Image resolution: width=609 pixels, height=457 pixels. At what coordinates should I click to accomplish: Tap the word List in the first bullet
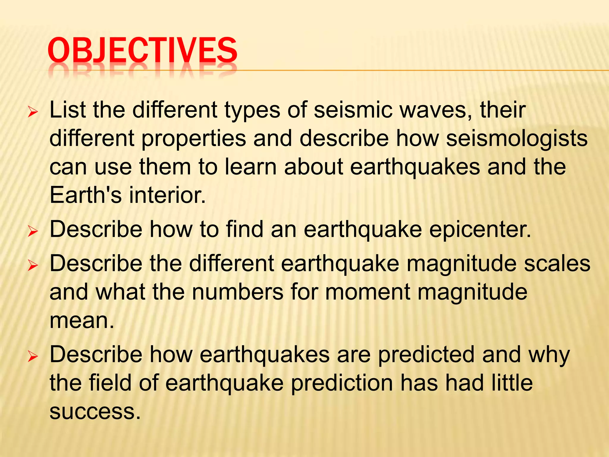(x=68, y=110)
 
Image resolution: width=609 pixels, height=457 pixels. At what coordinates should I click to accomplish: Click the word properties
(x=194, y=139)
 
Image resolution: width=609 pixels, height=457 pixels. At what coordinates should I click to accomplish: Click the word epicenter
(x=480, y=229)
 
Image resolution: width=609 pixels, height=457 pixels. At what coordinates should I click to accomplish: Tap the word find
(x=245, y=229)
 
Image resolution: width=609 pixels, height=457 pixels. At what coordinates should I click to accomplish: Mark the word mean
(x=82, y=320)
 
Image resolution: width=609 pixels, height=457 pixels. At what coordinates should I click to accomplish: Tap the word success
(x=95, y=411)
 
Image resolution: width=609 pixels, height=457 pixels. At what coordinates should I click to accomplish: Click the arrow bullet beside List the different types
(x=32, y=112)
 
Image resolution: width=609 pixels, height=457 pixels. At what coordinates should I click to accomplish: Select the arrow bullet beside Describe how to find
(x=32, y=232)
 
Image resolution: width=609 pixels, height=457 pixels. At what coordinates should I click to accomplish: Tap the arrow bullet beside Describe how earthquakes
(x=32, y=357)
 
